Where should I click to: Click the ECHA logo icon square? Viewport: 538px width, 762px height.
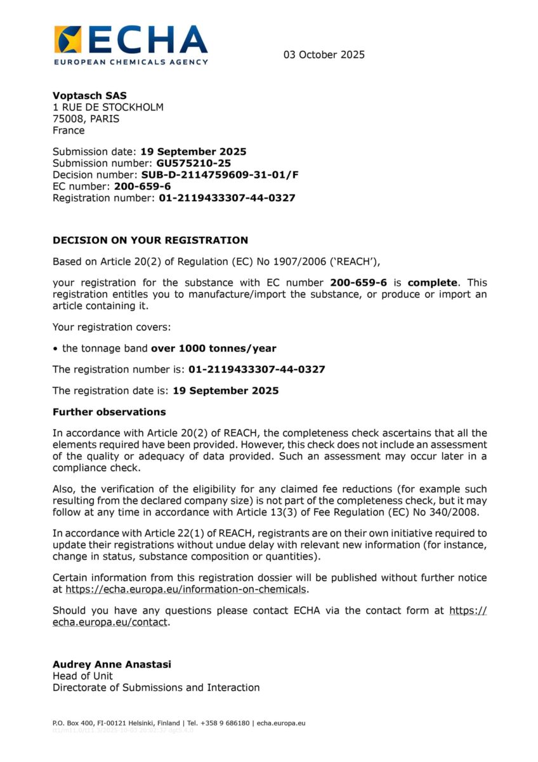point(68,39)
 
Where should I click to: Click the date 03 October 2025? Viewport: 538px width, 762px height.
point(324,55)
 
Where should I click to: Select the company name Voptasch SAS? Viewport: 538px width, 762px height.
point(89,95)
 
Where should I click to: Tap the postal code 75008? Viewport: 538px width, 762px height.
point(67,119)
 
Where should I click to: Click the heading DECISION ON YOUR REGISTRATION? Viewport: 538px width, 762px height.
point(150,240)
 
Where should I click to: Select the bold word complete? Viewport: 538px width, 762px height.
point(432,283)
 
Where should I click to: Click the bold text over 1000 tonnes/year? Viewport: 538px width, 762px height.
point(213,348)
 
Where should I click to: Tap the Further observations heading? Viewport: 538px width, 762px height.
point(109,412)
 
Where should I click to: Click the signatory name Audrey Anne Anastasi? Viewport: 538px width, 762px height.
point(112,664)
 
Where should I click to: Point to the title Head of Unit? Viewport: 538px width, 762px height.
point(82,676)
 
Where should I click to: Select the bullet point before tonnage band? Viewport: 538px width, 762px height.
point(56,348)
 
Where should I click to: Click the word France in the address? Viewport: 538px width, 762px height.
point(69,131)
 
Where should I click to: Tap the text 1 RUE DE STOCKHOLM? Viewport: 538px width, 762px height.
point(108,107)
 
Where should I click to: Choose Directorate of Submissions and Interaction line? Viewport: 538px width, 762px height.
point(156,687)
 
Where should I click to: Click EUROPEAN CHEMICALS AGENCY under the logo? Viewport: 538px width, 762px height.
point(131,62)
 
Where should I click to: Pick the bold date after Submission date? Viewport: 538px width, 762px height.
point(194,152)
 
